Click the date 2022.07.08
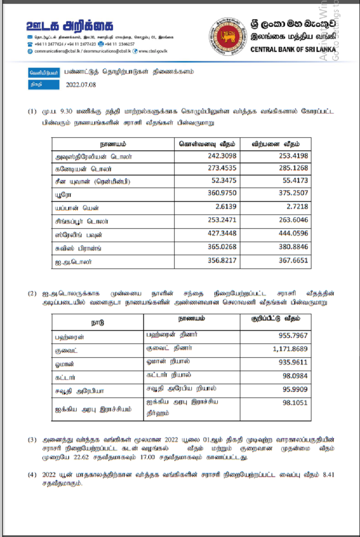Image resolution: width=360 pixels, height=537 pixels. [x=81, y=85]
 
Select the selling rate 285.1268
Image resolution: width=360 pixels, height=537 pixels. [x=293, y=168]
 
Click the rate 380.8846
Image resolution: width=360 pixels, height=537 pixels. [x=293, y=248]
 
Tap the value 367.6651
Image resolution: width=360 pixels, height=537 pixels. [x=293, y=261]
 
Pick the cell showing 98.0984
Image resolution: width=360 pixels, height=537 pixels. [x=295, y=376]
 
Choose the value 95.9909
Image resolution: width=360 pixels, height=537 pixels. [x=295, y=390]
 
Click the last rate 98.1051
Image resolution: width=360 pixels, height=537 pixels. [x=295, y=403]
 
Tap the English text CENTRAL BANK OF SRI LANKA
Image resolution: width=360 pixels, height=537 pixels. [x=293, y=49]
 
